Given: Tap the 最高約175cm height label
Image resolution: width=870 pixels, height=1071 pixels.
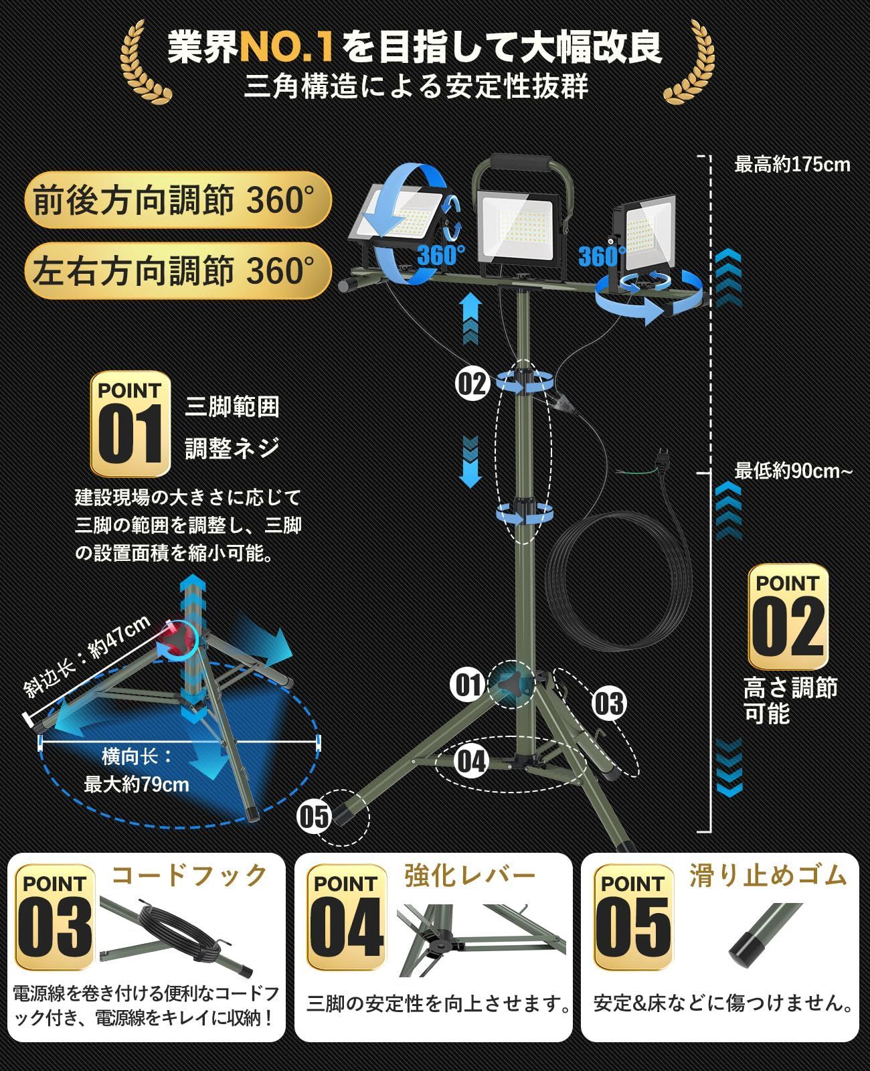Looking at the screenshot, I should [x=792, y=165].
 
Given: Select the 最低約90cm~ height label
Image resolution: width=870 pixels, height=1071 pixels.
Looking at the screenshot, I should [x=794, y=471].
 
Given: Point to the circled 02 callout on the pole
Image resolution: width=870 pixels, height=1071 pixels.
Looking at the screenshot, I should [x=472, y=384].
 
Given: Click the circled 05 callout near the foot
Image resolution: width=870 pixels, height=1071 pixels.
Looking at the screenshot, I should [x=314, y=816].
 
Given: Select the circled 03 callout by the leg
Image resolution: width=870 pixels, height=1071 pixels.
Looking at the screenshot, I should [x=608, y=703].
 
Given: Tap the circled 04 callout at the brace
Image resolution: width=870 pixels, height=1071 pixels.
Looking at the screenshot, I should [x=471, y=761].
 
